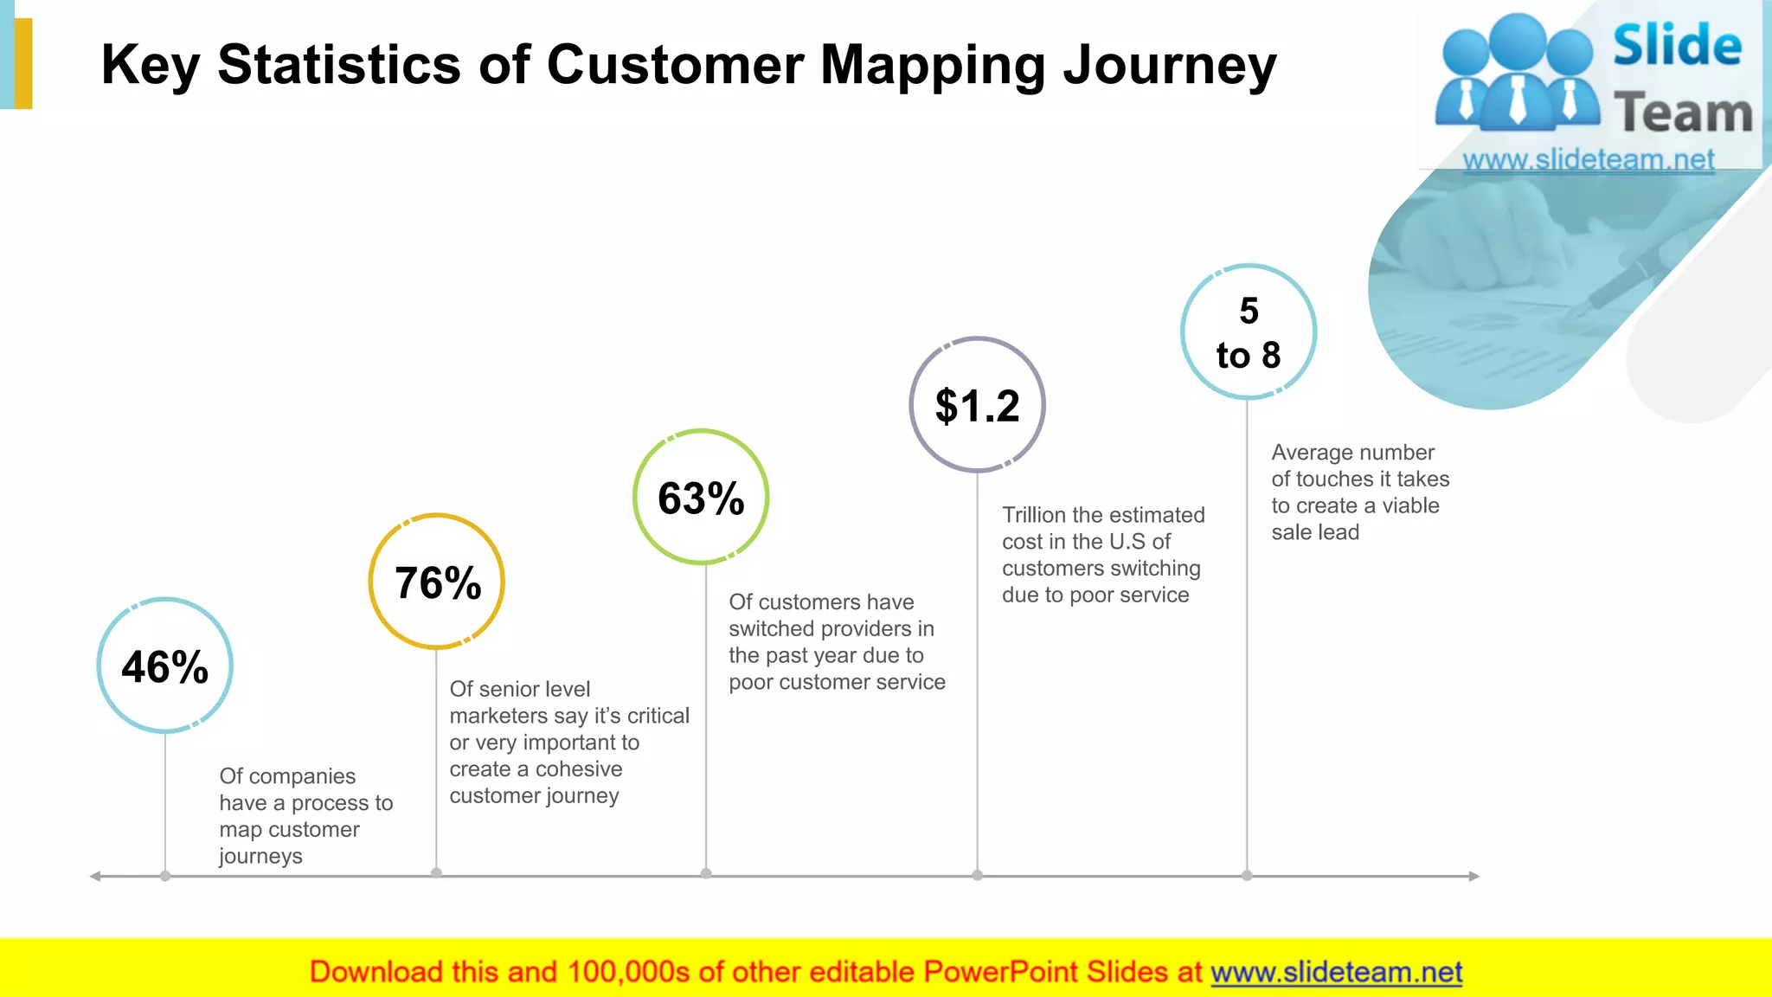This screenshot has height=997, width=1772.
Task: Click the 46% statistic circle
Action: click(x=164, y=666)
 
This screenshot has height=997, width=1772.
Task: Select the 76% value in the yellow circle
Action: click(x=437, y=582)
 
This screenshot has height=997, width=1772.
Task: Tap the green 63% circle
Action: click(x=701, y=498)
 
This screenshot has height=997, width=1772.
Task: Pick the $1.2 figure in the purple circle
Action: click(x=977, y=405)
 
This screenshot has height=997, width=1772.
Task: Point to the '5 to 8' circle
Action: click(x=1248, y=332)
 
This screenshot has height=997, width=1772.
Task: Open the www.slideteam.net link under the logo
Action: click(x=1588, y=160)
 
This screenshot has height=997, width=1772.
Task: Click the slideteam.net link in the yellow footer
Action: click(x=1336, y=972)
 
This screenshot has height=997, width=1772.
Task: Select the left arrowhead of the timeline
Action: click(x=95, y=876)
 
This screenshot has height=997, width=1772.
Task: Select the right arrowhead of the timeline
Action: click(x=1474, y=876)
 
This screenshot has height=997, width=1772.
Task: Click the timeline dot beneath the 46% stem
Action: click(x=165, y=876)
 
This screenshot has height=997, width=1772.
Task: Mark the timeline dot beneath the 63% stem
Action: click(x=706, y=873)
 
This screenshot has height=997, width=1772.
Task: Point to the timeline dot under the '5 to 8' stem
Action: click(x=1247, y=875)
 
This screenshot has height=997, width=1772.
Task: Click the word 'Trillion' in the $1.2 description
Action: click(x=1033, y=515)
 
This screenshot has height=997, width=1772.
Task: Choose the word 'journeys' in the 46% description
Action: click(x=260, y=857)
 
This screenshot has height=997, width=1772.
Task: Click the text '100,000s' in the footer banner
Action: click(x=628, y=972)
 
